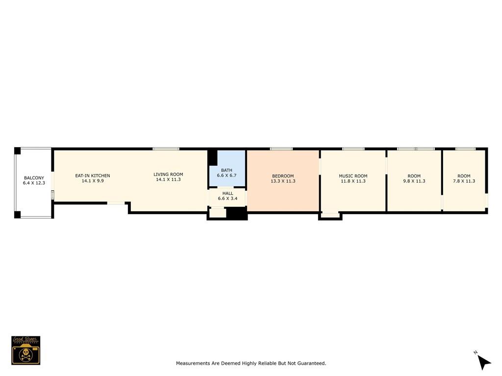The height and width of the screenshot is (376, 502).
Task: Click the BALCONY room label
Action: click(34, 178)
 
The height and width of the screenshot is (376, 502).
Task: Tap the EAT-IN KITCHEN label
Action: click(93, 175)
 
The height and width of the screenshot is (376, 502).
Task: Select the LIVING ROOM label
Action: click(168, 174)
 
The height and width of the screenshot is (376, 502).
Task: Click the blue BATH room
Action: click(227, 168)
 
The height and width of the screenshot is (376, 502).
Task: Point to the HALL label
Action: click(227, 193)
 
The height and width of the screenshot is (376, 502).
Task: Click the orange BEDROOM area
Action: click(283, 181)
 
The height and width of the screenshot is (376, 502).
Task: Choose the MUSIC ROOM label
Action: click(353, 176)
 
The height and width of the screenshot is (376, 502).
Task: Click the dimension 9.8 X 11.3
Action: click(414, 181)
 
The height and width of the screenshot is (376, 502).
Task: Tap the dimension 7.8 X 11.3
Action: click(464, 181)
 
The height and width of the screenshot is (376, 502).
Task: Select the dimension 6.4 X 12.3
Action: click(34, 183)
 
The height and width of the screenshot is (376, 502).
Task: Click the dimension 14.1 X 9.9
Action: click(93, 180)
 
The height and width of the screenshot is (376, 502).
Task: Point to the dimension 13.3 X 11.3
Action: click(283, 181)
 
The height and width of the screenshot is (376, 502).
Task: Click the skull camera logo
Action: click(26, 351)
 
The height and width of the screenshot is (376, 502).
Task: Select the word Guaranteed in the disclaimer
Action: click(311, 363)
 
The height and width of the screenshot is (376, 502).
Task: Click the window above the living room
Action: click(166, 149)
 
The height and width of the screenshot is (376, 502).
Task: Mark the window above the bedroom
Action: click(281, 149)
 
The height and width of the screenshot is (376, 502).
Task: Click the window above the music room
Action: click(353, 149)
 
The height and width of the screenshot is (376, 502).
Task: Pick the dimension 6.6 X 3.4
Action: click(227, 198)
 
